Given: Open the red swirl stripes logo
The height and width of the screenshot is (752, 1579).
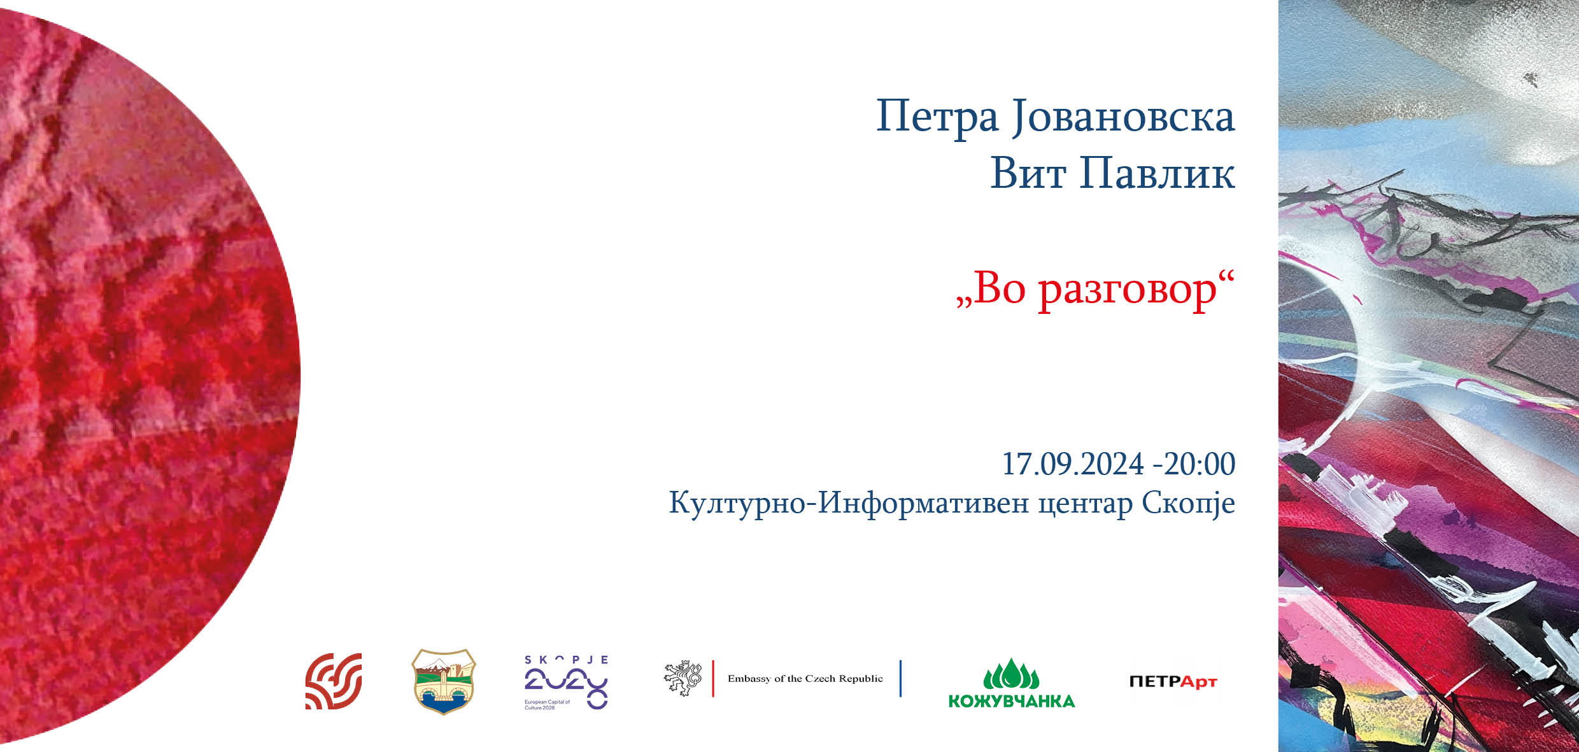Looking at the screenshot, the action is [x=334, y=681].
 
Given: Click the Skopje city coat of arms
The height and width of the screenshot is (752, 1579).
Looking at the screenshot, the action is [x=444, y=681].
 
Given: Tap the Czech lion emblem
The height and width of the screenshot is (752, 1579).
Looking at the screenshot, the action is [x=683, y=678].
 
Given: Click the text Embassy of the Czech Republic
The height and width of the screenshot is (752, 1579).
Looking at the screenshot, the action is [x=805, y=679].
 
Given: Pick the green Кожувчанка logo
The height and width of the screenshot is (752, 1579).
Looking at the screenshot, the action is [x=1012, y=683].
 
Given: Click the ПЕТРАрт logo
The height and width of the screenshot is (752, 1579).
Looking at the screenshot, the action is [x=1173, y=682].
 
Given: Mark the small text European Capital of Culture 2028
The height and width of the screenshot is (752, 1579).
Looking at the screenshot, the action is [x=547, y=705].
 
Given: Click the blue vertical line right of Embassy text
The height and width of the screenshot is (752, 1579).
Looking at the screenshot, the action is [x=900, y=679].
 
